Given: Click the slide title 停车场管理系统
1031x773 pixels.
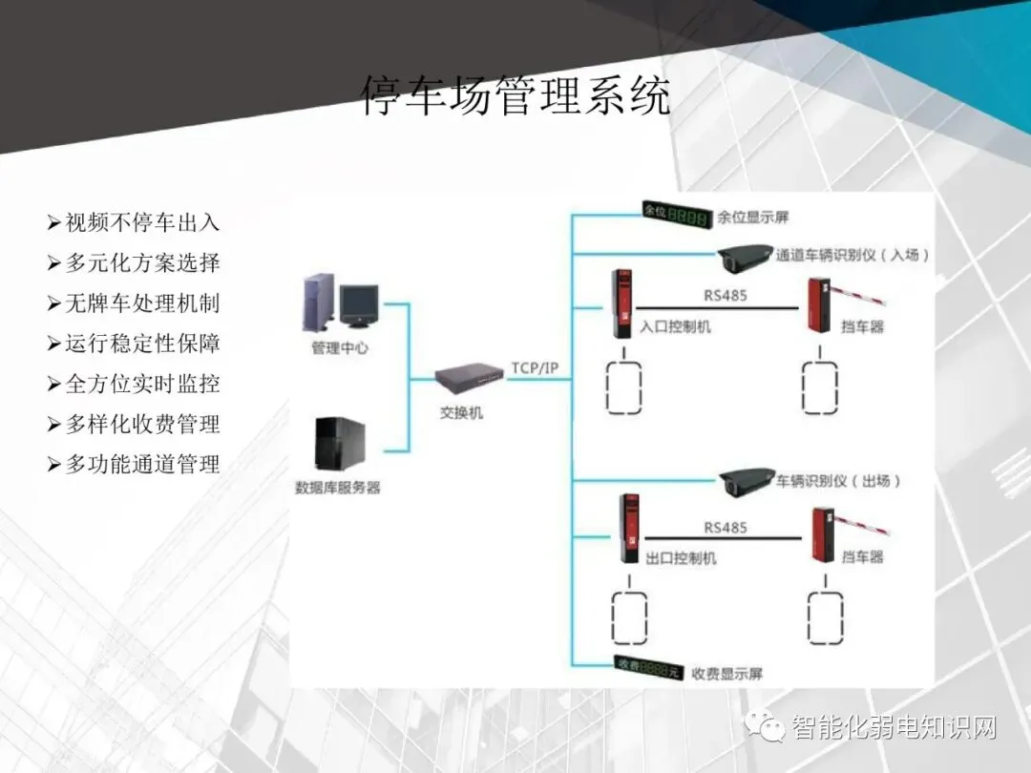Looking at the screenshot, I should [x=515, y=96].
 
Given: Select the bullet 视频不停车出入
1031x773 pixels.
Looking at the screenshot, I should [x=141, y=223].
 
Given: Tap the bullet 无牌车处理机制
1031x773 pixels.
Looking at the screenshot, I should [x=141, y=303].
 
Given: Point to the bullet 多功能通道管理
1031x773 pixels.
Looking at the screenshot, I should [x=141, y=465].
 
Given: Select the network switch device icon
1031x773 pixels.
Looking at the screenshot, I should [x=468, y=381].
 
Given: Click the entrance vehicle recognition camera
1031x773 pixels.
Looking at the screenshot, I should [x=746, y=257].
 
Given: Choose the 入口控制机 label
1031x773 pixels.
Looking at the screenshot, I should [x=675, y=327].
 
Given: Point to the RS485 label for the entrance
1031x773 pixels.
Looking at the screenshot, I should [x=726, y=295].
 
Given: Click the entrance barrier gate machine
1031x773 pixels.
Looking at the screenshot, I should [x=819, y=305].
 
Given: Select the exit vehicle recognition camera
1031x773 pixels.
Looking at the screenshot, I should [x=747, y=482].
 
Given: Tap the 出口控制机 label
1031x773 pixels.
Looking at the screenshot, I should [x=682, y=558].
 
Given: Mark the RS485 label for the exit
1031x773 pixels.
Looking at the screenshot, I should [x=726, y=528].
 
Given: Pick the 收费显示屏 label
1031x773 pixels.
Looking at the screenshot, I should [x=727, y=674].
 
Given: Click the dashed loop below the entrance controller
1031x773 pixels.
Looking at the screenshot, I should [x=623, y=386].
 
